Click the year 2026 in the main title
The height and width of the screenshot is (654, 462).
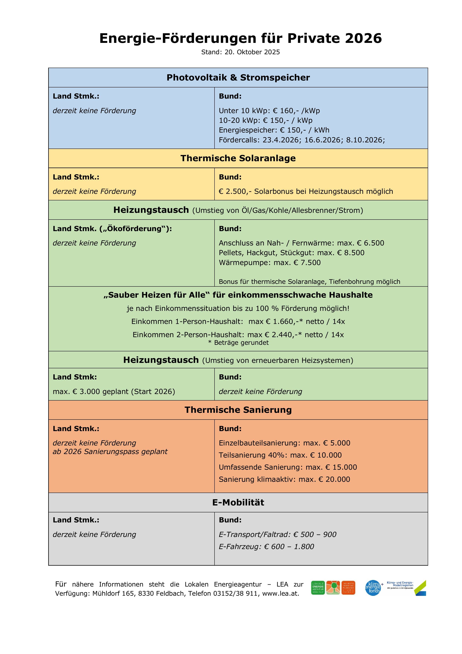[363, 38]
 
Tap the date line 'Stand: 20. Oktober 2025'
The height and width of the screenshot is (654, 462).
[241, 52]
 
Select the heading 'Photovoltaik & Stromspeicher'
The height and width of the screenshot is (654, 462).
[238, 78]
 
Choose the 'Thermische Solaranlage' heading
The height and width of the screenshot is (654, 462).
[238, 158]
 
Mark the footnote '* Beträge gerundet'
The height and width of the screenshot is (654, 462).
[238, 343]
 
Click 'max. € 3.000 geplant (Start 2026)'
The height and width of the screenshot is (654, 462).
[114, 391]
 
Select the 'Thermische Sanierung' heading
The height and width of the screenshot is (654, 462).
[238, 410]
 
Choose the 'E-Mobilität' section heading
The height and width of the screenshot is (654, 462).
[238, 502]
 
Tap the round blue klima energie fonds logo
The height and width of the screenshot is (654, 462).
[373, 588]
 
